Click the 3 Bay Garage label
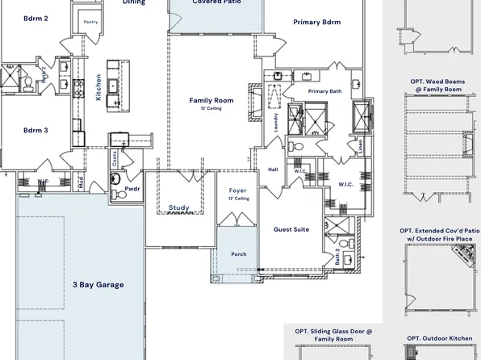tap(98, 285)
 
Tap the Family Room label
tap(211, 101)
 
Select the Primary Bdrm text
tap(316, 23)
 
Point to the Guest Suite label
tap(291, 229)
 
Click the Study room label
tap(179, 208)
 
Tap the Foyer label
tap(237, 190)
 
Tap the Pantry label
tap(91, 22)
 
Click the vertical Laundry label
tap(275, 122)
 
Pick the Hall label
tap(273, 170)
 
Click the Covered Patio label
tap(216, 2)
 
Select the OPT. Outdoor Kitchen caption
tap(438, 338)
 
